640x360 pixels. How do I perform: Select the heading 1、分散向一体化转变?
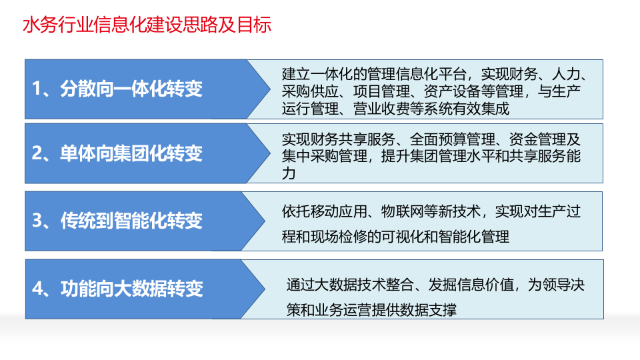(117, 89)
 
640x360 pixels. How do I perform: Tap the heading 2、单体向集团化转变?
(117, 153)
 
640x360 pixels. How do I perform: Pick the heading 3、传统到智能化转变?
(117, 220)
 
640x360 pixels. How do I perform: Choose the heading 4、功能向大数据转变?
(117, 288)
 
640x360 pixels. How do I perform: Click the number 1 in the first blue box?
(37, 89)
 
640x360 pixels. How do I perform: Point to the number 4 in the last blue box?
(37, 288)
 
